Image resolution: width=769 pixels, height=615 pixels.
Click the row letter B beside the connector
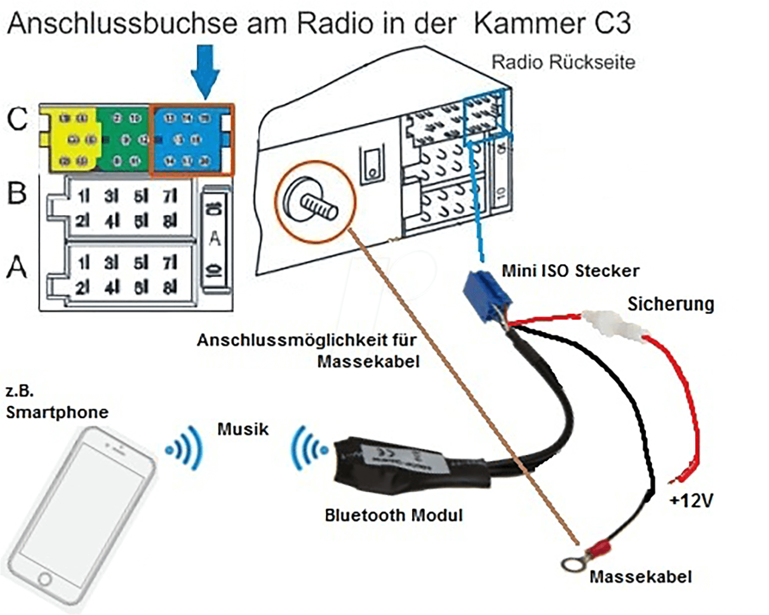pyautogui.click(x=17, y=193)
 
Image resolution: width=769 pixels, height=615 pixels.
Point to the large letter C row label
pyautogui.click(x=17, y=119)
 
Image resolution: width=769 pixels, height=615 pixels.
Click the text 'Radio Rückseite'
pyautogui.click(x=563, y=62)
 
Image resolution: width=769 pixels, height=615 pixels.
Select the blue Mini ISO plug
pyautogui.click(x=485, y=295)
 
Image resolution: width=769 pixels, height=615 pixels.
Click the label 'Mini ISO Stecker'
pyautogui.click(x=570, y=271)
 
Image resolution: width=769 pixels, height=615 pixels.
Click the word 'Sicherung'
pyautogui.click(x=671, y=304)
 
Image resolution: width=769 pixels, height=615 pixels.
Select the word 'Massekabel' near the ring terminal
pyautogui.click(x=641, y=577)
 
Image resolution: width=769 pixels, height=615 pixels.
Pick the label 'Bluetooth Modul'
pyautogui.click(x=394, y=516)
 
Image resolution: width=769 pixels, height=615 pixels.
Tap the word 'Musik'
pyautogui.click(x=243, y=429)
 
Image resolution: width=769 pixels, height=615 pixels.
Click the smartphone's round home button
pyautogui.click(x=45, y=579)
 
